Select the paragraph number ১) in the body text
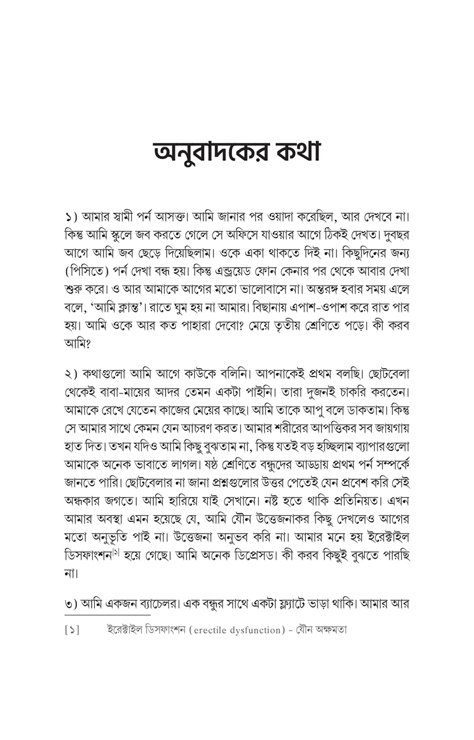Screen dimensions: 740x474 click(x=71, y=217)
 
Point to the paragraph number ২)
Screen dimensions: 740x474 click(x=71, y=375)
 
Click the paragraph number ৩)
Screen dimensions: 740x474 click(x=71, y=604)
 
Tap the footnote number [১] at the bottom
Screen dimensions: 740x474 click(x=72, y=630)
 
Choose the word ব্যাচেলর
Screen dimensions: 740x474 click(x=158, y=604)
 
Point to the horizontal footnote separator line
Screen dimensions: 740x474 click(x=100, y=615)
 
